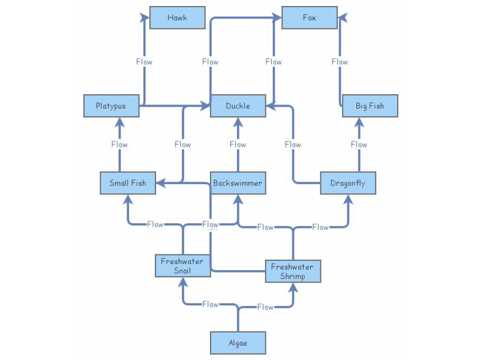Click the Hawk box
tap(177, 17)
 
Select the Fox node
tap(309, 17)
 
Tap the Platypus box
tap(111, 106)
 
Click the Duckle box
tap(238, 106)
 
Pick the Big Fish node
tap(370, 106)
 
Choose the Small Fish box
tap(127, 183)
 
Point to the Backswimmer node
tap(238, 183)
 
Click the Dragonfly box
tap(347, 183)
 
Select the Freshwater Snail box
tap(182, 266)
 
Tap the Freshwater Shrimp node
tap(293, 272)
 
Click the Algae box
tap(238, 343)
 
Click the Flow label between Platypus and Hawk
tap(144, 62)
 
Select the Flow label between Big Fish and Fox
tap(340, 62)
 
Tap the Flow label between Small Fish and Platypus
tap(119, 145)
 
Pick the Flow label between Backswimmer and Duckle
tap(238, 145)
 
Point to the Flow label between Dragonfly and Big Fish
tap(359, 145)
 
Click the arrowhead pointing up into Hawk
tap(144, 18)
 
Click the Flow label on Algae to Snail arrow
tap(210, 305)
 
